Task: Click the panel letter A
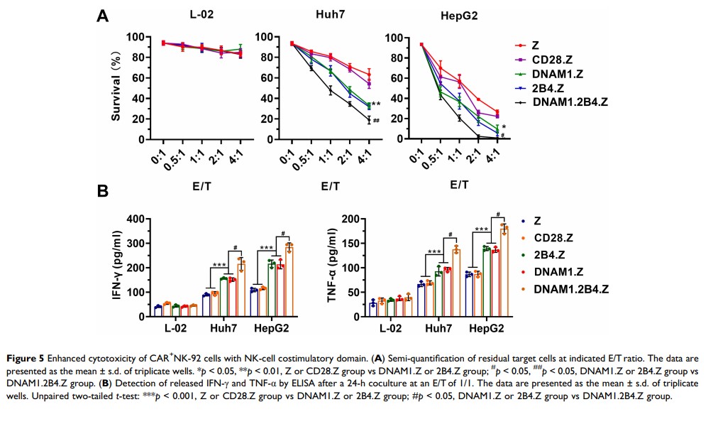tap(104, 15)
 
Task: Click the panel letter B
tap(103, 191)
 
